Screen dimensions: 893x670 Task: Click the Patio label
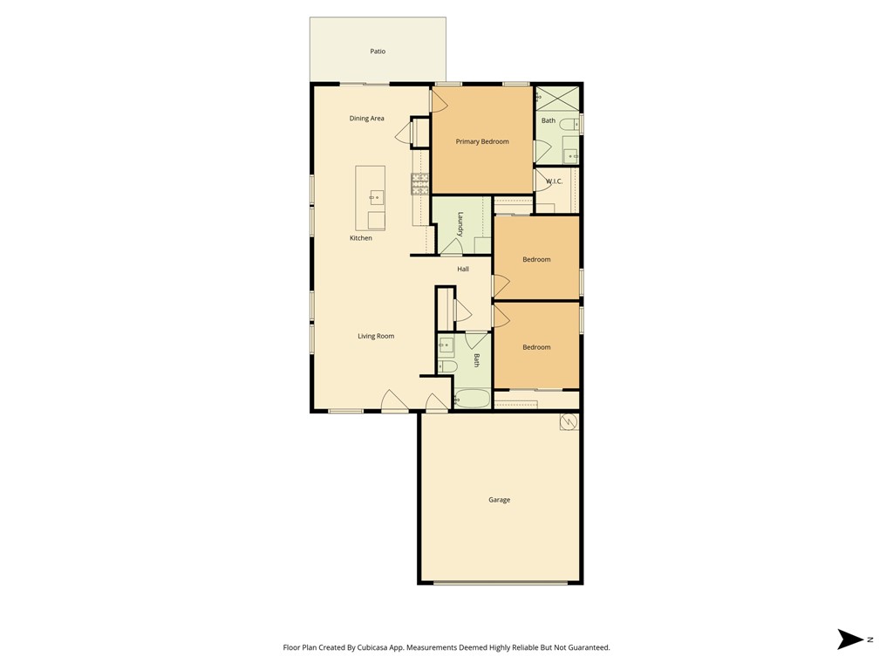(378, 51)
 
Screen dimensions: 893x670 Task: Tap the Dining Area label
(367, 119)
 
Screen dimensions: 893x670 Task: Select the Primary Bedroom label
(482, 141)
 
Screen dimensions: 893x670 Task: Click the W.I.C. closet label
(554, 181)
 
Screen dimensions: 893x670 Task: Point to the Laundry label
(460, 224)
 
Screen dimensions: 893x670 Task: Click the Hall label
(463, 269)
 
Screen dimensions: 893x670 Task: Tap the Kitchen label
(361, 238)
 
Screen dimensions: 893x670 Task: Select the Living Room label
(376, 336)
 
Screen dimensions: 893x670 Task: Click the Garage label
(500, 500)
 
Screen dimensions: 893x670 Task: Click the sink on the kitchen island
(376, 198)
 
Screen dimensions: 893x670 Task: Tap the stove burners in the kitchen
(420, 184)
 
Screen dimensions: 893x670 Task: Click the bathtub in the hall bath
(473, 399)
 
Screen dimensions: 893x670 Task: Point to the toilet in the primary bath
(568, 124)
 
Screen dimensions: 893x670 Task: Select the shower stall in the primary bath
(557, 98)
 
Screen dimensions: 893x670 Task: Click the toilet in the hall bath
(447, 366)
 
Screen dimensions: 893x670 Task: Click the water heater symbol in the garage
(569, 421)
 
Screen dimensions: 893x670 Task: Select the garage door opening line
(501, 583)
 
